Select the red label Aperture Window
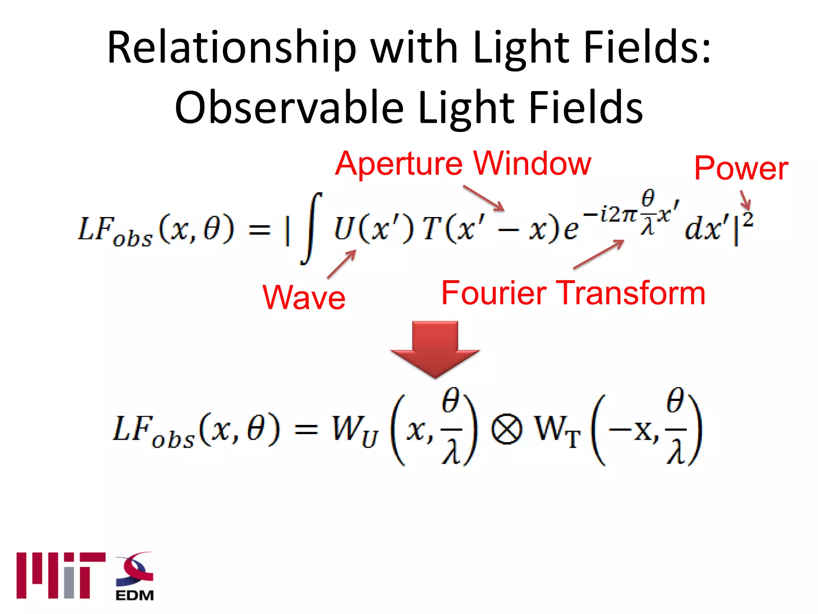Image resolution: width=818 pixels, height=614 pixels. pos(463,163)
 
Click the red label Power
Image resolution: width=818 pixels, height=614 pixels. pos(741,168)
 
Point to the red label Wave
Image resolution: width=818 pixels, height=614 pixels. pos(304,297)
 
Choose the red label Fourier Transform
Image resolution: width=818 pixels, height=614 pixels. pos(573,293)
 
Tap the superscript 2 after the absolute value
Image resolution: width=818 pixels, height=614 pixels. pos(748,220)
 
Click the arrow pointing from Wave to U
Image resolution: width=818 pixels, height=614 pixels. pos(342,263)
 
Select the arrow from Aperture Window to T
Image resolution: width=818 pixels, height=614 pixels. pos(484,198)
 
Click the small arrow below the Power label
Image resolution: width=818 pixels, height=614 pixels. pos(745,200)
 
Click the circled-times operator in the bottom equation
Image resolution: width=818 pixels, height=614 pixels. pos(506,430)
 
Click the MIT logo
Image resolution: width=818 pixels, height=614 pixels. pos(61,575)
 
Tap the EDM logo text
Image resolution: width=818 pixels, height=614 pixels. pos(135,595)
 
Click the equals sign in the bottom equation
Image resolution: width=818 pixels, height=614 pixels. pos(306,430)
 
